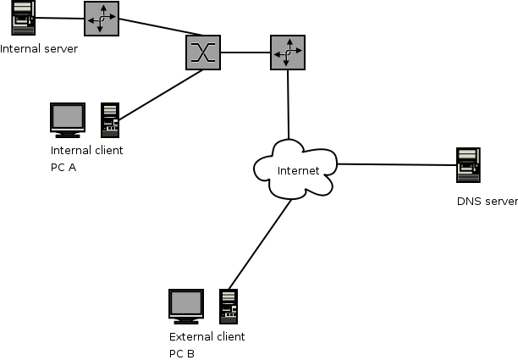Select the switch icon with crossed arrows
(203, 53)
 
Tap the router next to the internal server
(102, 18)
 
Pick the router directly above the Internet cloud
(287, 53)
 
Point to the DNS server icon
(468, 166)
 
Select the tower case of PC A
(109, 120)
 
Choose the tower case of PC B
(228, 307)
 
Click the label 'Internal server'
(39, 48)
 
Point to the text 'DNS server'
(487, 201)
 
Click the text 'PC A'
(63, 167)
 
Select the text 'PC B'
(182, 353)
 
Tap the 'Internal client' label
(86, 151)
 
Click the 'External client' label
(207, 337)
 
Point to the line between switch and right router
(245, 53)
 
